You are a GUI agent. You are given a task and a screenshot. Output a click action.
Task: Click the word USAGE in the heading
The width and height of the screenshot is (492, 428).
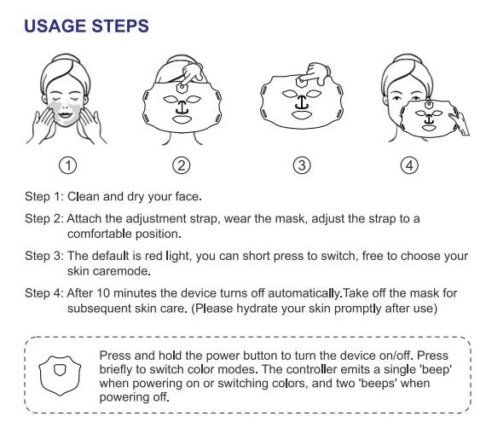pyautogui.click(x=55, y=26)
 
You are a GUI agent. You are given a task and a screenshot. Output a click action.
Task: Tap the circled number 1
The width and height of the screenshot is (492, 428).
pyautogui.click(x=67, y=165)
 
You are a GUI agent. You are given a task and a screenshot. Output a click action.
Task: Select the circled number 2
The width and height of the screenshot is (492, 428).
pyautogui.click(x=182, y=165)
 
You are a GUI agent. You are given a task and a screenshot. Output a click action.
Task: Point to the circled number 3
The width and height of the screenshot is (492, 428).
pyautogui.click(x=302, y=165)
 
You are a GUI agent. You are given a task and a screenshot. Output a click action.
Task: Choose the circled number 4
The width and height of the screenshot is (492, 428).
pyautogui.click(x=409, y=165)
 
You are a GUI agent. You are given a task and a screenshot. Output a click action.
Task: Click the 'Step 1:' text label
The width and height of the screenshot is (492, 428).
pyautogui.click(x=44, y=197)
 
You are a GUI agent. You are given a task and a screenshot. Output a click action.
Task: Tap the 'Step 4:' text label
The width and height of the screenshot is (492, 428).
pyautogui.click(x=44, y=293)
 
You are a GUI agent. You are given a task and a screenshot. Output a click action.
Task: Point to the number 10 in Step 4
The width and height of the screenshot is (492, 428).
pyautogui.click(x=103, y=293)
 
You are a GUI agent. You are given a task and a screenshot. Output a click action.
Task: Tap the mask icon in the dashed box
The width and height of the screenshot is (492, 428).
pyautogui.click(x=60, y=375)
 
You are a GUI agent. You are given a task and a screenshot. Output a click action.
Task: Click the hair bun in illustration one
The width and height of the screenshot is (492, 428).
pyautogui.click(x=65, y=58)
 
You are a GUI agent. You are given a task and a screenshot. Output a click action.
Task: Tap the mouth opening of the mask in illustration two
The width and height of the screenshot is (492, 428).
pyautogui.click(x=182, y=119)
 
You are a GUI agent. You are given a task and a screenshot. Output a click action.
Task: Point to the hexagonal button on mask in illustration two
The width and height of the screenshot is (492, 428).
pyautogui.click(x=182, y=88)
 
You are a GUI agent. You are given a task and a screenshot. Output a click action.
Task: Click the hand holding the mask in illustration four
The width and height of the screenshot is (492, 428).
pyautogui.click(x=460, y=124)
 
